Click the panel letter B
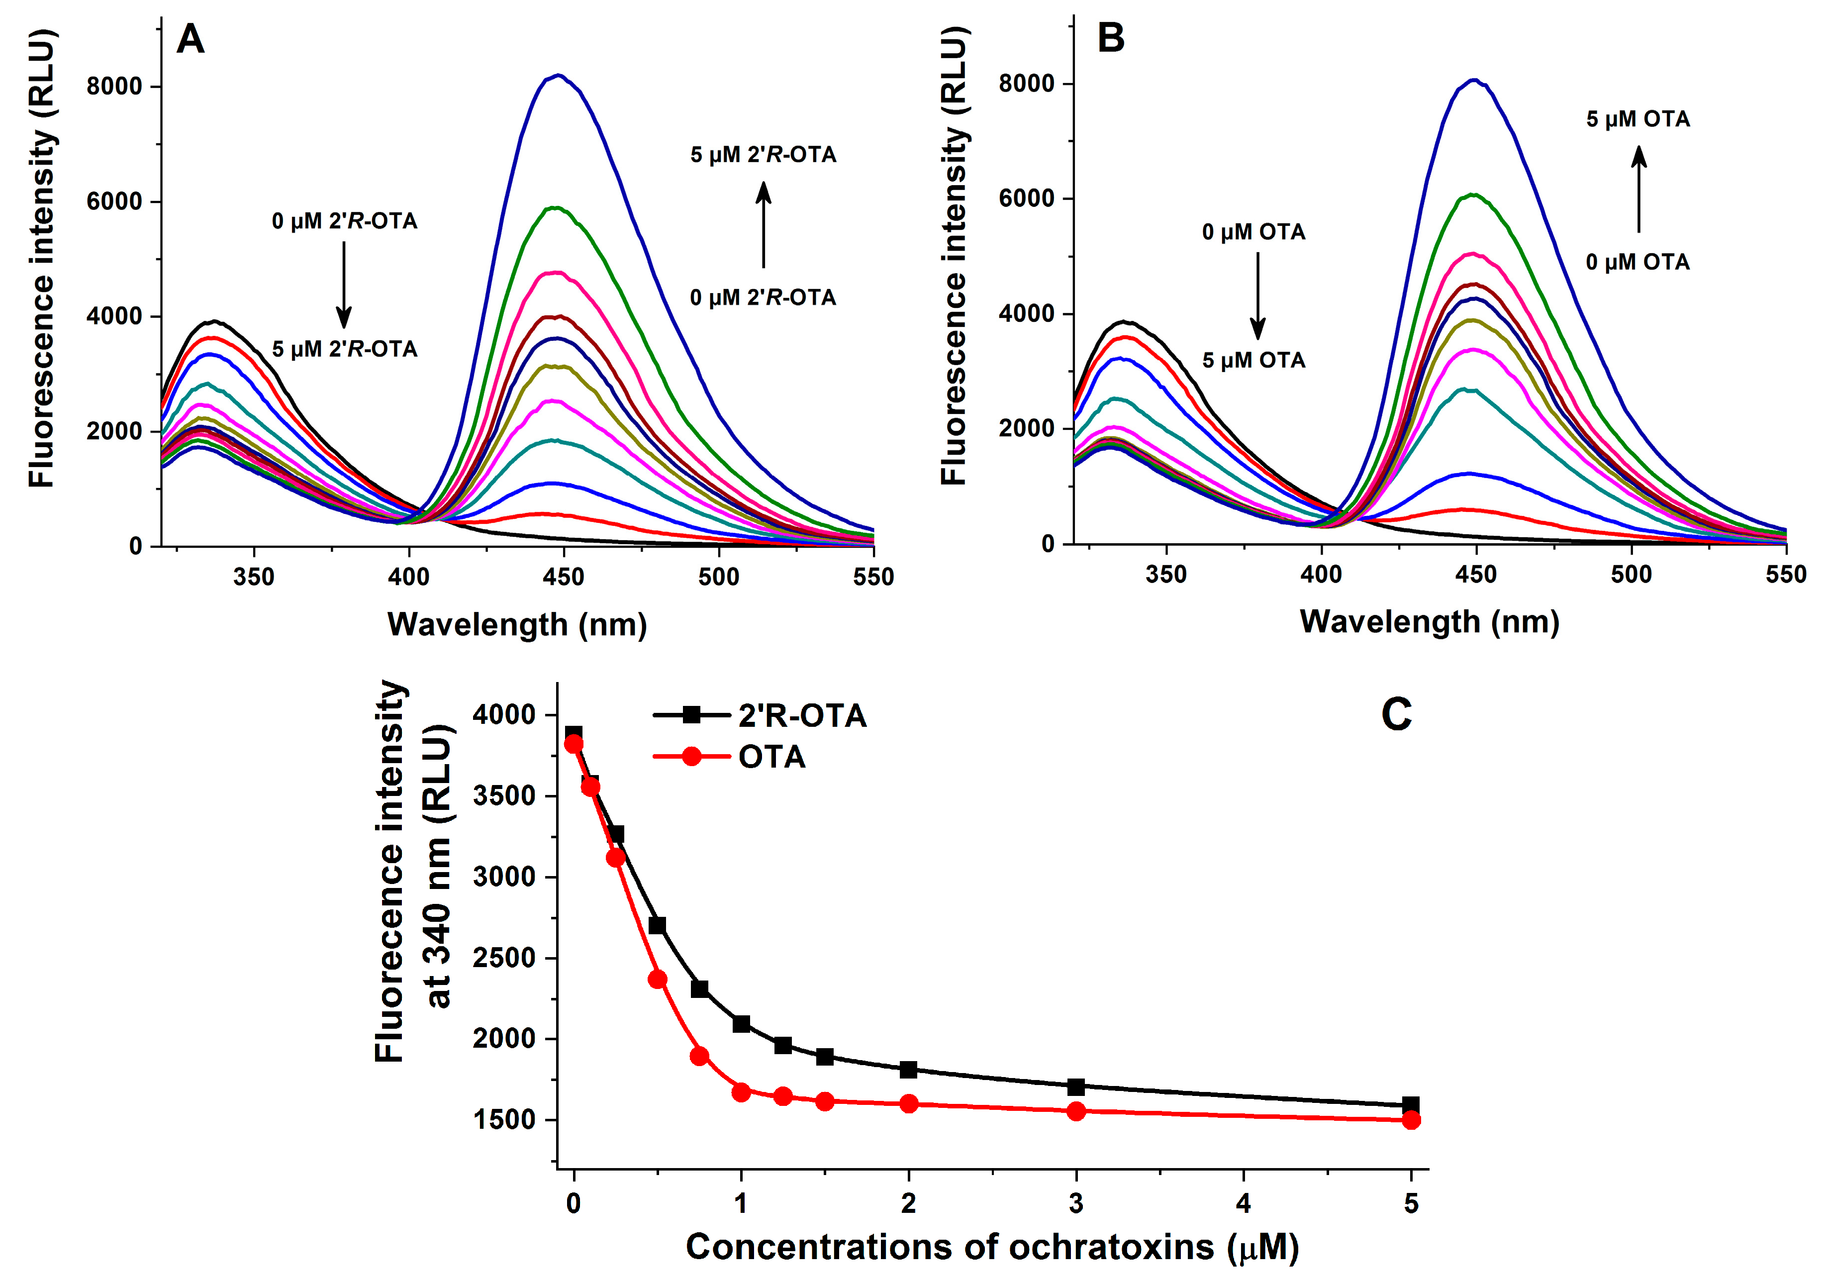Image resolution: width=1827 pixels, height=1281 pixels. tap(1110, 38)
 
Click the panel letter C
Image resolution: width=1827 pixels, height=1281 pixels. tap(1397, 714)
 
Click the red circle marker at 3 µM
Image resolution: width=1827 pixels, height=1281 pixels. tap(1076, 1111)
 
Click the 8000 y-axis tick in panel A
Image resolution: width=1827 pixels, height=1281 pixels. tap(114, 86)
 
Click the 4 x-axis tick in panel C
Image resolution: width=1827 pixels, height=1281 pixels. tap(1244, 1203)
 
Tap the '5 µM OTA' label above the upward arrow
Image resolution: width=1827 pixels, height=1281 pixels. tap(1637, 119)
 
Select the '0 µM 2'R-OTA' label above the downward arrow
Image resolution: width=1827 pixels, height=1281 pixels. tap(345, 221)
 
